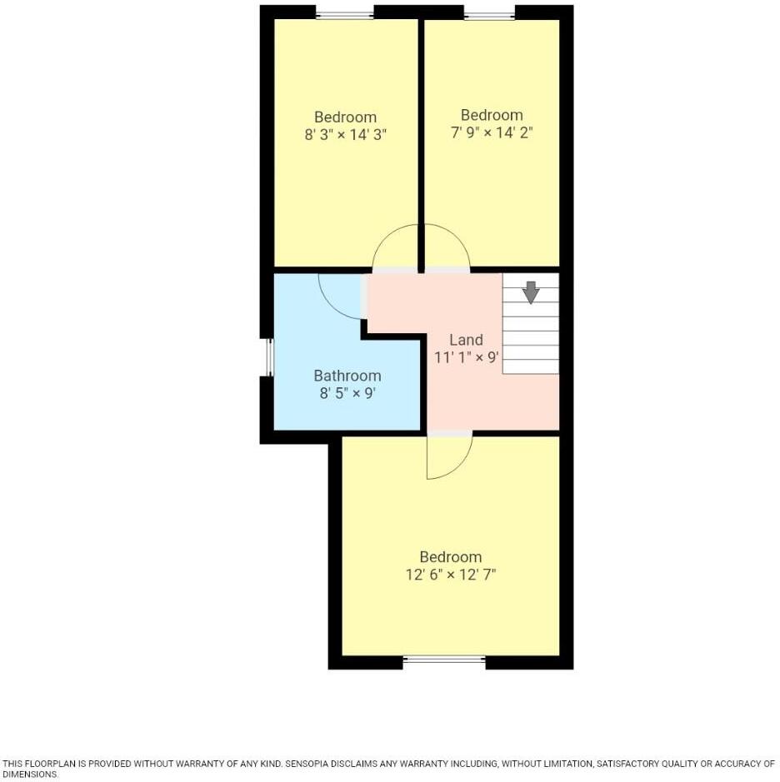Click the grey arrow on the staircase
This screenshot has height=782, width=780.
point(530,292)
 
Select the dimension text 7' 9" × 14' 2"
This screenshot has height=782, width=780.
point(492,132)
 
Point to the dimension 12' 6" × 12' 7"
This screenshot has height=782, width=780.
point(451,574)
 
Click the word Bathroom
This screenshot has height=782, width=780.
point(347,376)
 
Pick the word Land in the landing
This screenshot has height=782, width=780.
point(466,340)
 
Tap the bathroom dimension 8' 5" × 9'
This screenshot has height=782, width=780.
point(347,393)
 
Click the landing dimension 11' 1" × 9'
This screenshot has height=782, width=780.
point(466,357)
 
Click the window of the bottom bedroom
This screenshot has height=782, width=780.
point(444,660)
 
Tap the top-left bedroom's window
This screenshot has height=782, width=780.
point(344,14)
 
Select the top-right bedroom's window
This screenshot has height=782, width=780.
point(489,14)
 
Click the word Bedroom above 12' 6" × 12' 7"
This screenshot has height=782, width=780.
point(451,556)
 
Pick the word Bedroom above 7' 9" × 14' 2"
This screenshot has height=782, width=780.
point(492,115)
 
